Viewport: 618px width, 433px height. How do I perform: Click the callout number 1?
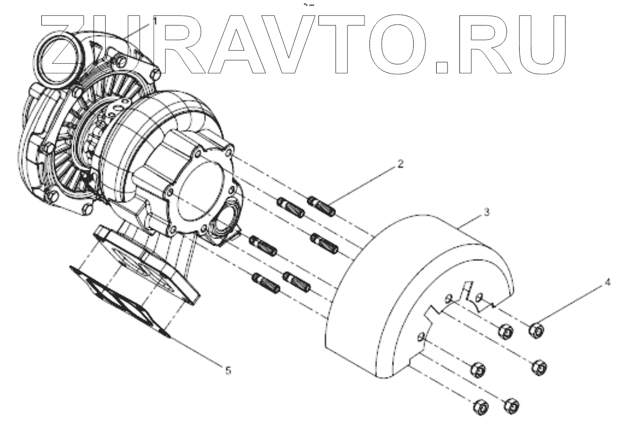click(x=155, y=21)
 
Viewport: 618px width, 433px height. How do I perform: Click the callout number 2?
click(x=400, y=164)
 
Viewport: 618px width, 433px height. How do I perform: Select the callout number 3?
click(x=486, y=212)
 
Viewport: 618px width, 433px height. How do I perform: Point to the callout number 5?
click(x=228, y=370)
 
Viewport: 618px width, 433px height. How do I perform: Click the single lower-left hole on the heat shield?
click(x=421, y=337)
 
